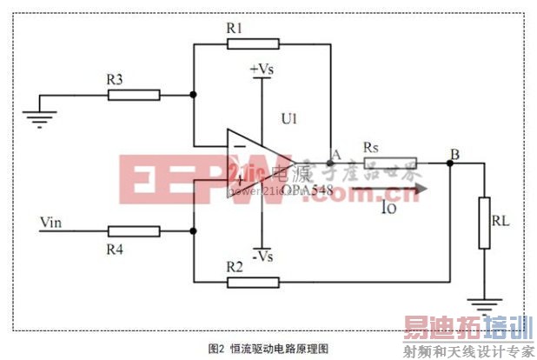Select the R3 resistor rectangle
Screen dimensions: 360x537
(135, 94)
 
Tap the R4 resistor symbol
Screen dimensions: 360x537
(135, 231)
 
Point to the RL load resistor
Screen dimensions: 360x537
(484, 223)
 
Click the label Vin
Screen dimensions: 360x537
(51, 222)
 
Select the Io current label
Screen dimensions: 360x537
(388, 206)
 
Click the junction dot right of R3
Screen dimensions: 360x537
(193, 94)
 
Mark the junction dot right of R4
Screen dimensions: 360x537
(193, 231)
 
